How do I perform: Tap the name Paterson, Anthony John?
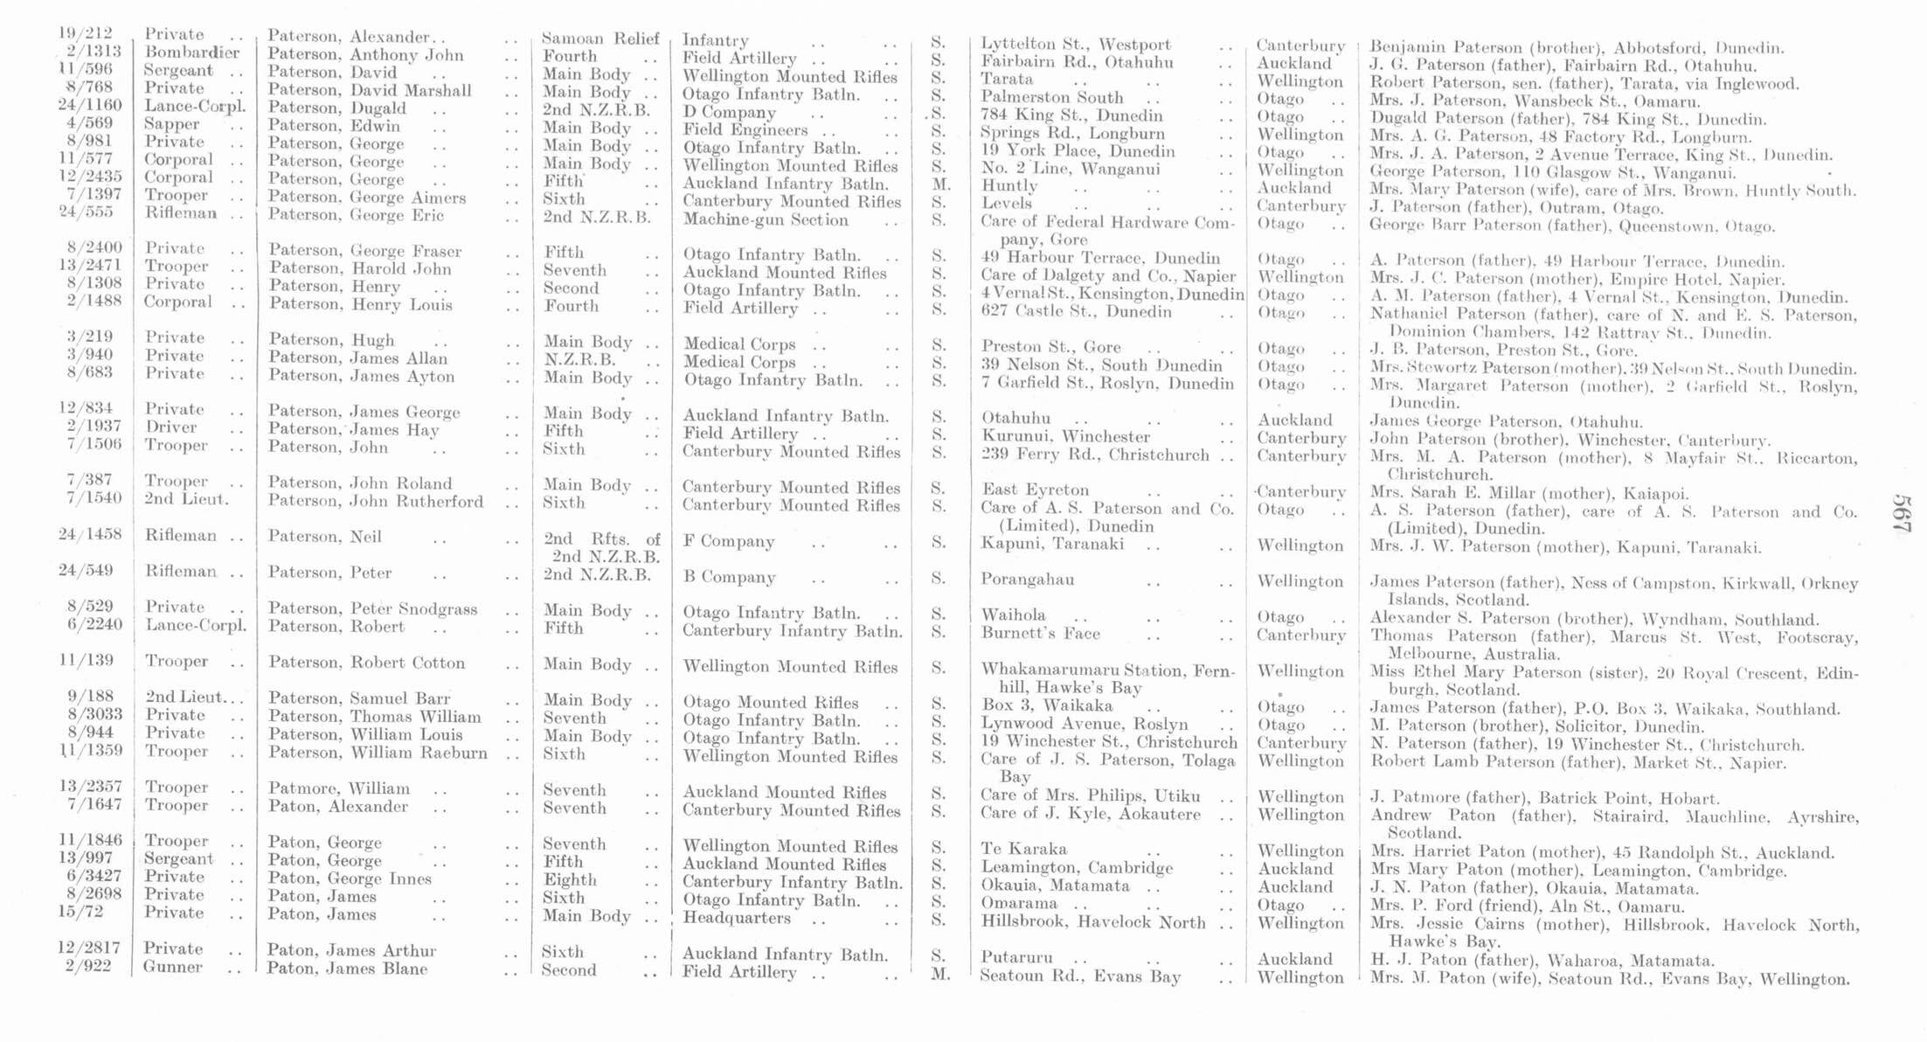[x=365, y=55]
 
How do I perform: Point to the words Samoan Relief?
[x=600, y=38]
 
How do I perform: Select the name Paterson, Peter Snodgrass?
[x=372, y=608]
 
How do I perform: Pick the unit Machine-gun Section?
[x=766, y=220]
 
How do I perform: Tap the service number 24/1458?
[x=90, y=534]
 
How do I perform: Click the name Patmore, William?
[x=339, y=788]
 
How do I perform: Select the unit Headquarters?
[x=737, y=918]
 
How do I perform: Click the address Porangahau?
[x=1028, y=580]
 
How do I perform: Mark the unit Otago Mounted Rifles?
[x=771, y=703]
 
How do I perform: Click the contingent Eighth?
[x=570, y=880]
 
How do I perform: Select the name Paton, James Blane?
[x=347, y=969]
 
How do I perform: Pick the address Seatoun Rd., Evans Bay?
[x=1080, y=976]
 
